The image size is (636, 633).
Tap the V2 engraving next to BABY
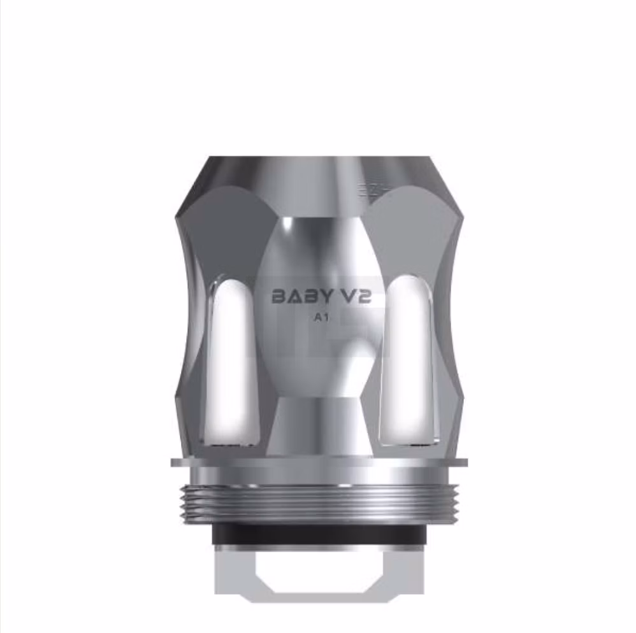[x=354, y=297]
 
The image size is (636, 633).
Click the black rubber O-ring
[x=318, y=534]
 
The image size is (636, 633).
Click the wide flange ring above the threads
[x=318, y=462]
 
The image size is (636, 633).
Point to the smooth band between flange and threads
[x=318, y=476]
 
